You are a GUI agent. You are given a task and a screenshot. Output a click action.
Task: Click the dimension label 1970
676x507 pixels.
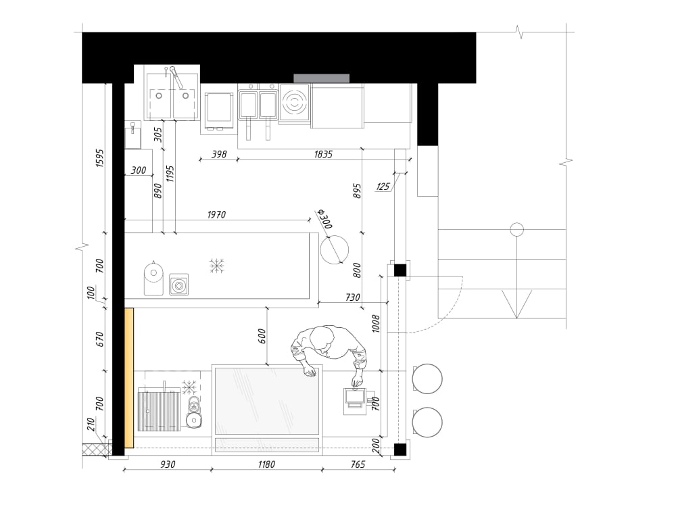click(216, 214)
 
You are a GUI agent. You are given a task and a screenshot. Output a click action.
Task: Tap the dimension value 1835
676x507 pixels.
click(324, 154)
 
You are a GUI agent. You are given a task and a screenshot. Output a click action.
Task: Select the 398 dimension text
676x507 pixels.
click(219, 154)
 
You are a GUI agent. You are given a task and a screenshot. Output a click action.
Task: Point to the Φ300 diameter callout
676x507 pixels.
click(324, 220)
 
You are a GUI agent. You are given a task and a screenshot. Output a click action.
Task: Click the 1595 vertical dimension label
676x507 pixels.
click(99, 158)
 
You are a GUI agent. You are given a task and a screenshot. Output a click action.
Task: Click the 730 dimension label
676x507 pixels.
click(352, 297)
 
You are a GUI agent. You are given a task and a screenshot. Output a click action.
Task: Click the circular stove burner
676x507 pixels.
click(294, 103)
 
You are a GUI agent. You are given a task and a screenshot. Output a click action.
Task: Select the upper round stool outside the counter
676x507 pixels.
click(427, 379)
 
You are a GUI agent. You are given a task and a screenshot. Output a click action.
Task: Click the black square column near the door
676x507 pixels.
click(400, 271)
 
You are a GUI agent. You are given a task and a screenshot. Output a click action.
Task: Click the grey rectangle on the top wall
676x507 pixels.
click(321, 78)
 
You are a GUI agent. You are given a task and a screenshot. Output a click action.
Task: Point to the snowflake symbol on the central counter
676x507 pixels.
click(216, 265)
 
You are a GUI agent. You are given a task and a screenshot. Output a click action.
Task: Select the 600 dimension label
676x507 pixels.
click(262, 337)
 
